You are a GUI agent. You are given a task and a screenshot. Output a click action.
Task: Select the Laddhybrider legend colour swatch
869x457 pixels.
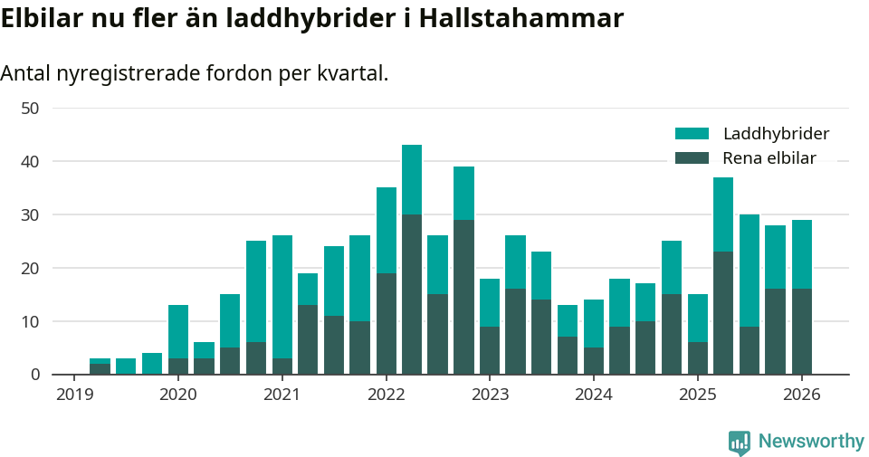692,134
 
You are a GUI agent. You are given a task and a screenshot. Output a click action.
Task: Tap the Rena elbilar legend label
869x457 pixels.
769,158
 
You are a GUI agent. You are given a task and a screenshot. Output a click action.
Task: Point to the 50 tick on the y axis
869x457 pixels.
30,108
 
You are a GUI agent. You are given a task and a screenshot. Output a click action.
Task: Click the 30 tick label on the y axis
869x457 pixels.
30,214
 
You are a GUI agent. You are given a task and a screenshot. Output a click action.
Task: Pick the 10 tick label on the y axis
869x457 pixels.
30,321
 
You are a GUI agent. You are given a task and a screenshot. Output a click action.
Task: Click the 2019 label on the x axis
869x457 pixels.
74,395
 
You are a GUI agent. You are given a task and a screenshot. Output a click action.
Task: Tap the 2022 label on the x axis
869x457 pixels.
386,395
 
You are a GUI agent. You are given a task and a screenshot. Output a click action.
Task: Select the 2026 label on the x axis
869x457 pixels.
801,395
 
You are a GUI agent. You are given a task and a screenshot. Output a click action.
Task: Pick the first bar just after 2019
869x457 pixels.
100,367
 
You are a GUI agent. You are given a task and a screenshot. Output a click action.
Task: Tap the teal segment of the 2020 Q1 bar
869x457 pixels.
178,331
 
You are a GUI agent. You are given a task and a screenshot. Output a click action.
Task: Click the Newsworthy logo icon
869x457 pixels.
740,442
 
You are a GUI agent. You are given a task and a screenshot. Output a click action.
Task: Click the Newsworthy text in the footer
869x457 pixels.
811,442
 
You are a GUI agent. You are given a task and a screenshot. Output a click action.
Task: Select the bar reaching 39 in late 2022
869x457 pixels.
463,271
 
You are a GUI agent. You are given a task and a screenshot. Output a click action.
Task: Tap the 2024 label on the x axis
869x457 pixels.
594,395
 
